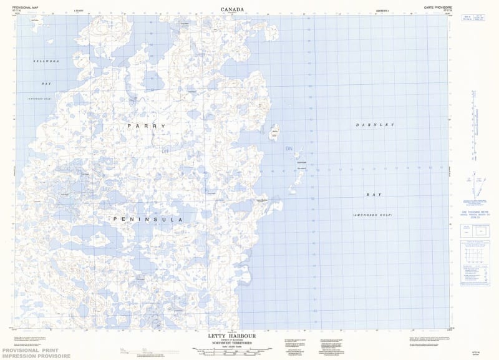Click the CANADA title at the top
tap(232, 9)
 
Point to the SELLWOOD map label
tap(46, 61)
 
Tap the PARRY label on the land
tap(146, 126)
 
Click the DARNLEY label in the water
tap(375, 125)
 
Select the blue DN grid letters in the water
tap(288, 148)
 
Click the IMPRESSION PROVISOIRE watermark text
tap(31, 357)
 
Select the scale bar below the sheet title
tap(232, 353)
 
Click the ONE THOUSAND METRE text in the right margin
tap(475, 212)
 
